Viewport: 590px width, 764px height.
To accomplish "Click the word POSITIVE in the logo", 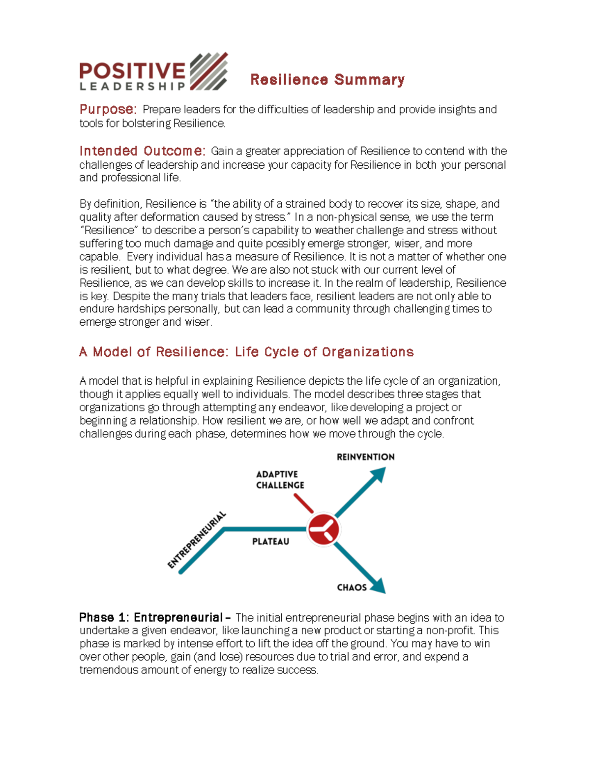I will pos(132,70).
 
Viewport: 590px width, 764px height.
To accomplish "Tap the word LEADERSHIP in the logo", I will pos(132,87).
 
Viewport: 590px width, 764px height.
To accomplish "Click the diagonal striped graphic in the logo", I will pos(208,72).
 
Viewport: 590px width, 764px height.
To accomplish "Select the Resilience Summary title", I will pos(327,80).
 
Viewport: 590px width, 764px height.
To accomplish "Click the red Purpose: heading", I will pos(108,109).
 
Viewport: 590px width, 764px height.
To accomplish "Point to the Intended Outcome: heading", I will pos(142,151).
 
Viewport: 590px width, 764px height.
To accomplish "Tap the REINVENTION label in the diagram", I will pos(365,457).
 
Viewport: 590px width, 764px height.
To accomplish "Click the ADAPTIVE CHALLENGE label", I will pos(280,480).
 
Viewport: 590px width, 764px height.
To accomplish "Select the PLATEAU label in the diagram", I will pos(270,542).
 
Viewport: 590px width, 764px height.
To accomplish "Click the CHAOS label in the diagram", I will pos(352,587).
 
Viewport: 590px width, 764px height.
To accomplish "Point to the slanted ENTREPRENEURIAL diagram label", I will pos(196,540).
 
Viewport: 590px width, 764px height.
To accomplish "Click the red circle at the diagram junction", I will pos(323,529).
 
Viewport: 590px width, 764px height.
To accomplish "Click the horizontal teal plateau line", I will pos(265,529).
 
